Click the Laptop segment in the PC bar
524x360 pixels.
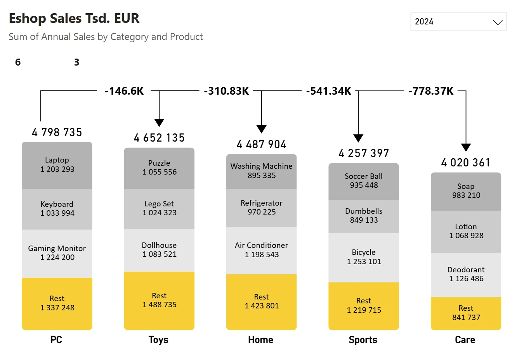(x=57, y=165)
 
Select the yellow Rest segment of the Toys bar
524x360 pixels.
(x=159, y=300)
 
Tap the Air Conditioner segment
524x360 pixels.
(x=261, y=250)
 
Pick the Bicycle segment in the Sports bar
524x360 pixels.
(x=364, y=257)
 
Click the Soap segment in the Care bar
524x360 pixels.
(x=466, y=191)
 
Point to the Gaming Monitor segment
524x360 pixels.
(x=57, y=253)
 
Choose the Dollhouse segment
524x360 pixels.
(x=159, y=250)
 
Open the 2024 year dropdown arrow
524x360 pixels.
(x=498, y=22)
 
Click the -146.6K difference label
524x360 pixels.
(x=124, y=91)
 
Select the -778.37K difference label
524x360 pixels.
(x=431, y=91)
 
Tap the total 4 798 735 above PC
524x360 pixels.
(x=57, y=132)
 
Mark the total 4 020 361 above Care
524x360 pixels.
(x=466, y=163)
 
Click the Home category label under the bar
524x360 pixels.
(x=261, y=340)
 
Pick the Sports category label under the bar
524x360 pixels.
(x=363, y=340)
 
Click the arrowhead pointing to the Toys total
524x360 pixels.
(x=159, y=123)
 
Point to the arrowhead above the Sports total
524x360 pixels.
(x=358, y=138)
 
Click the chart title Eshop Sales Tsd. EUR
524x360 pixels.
(x=74, y=18)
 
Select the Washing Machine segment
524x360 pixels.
(x=261, y=171)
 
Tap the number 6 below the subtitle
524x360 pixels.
(x=18, y=62)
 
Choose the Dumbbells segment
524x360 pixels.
(x=364, y=216)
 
